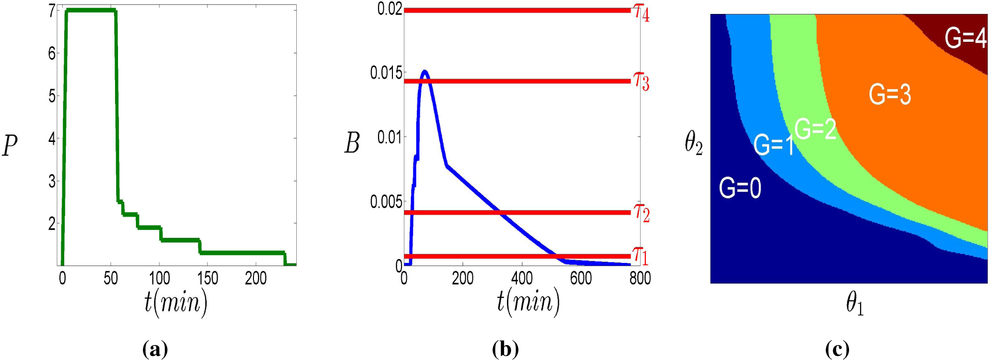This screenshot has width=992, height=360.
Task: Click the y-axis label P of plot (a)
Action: pyautogui.click(x=10, y=146)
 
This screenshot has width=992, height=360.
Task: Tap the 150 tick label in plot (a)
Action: pyautogui.click(x=208, y=278)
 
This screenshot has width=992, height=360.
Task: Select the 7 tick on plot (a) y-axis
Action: pyautogui.click(x=52, y=11)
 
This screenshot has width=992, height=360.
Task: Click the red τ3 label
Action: pyautogui.click(x=641, y=81)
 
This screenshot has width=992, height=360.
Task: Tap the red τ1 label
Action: pyautogui.click(x=641, y=256)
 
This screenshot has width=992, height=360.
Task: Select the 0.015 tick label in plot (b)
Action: pyautogui.click(x=386, y=73)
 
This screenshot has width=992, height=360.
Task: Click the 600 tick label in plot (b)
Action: pyautogui.click(x=581, y=278)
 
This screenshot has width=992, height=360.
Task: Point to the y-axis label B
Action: pyautogui.click(x=352, y=144)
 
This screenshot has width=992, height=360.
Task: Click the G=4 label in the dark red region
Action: pyautogui.click(x=965, y=38)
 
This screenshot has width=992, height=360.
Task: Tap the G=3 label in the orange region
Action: pyautogui.click(x=889, y=94)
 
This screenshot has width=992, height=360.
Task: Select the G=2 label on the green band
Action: pyautogui.click(x=815, y=129)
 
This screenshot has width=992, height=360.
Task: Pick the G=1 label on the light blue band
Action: pyautogui.click(x=773, y=145)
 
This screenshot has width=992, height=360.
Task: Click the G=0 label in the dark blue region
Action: pyautogui.click(x=740, y=188)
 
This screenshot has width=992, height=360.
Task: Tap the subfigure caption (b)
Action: pyautogui.click(x=505, y=349)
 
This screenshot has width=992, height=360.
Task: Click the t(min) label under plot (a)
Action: pyautogui.click(x=176, y=302)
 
